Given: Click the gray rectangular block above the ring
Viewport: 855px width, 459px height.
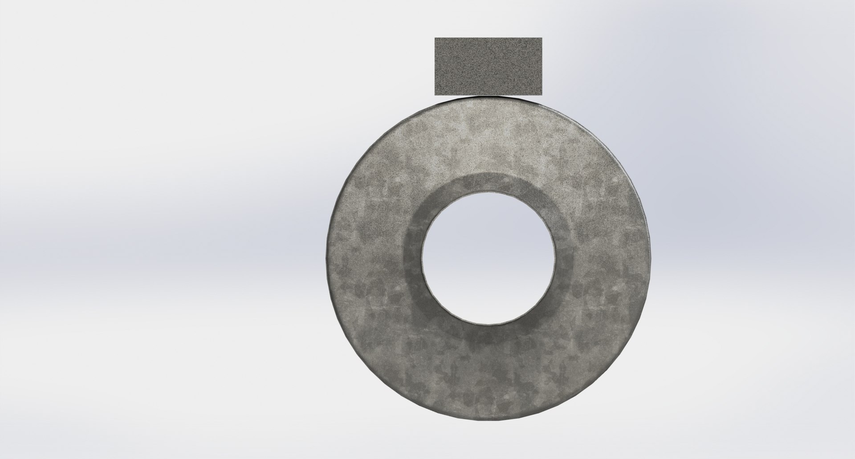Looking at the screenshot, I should point(488,66).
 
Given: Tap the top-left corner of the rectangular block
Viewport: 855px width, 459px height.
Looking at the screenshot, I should point(435,38).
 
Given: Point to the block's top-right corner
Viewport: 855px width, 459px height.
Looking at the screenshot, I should point(541,38).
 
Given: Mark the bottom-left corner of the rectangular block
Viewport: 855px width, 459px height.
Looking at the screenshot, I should point(435,94).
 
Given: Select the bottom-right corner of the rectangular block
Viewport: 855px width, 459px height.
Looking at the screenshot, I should point(541,94).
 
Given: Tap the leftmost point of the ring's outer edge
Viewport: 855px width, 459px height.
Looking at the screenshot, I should point(326,258).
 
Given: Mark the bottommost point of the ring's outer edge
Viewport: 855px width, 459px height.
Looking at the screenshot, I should point(488,421).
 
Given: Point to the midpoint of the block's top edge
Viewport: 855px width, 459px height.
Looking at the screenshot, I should point(488,38).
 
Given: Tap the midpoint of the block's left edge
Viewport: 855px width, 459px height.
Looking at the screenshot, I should point(435,66).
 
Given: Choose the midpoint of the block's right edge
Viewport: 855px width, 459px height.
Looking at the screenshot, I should point(541,66).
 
